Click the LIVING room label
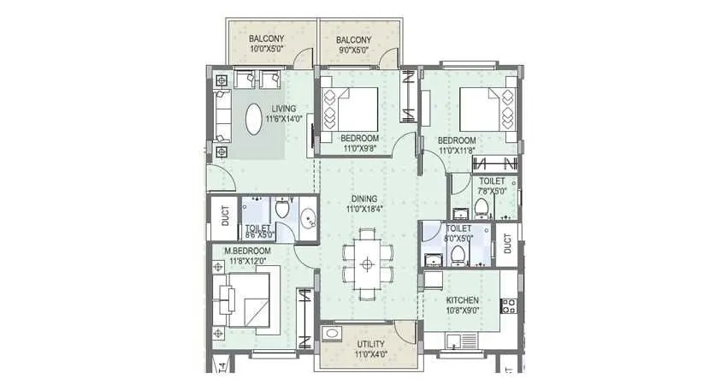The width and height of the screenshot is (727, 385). click(284, 109)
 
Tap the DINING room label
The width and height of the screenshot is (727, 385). click(362, 198)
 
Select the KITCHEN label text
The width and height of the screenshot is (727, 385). click(461, 301)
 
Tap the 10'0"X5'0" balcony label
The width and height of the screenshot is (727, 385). click(268, 50)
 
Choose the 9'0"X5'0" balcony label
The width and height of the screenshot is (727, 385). click(353, 50)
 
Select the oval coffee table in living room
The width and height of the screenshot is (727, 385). click(256, 119)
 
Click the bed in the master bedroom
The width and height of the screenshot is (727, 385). click(249, 299)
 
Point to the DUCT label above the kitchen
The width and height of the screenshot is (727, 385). click(508, 243)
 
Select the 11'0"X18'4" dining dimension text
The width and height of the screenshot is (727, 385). click(362, 208)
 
